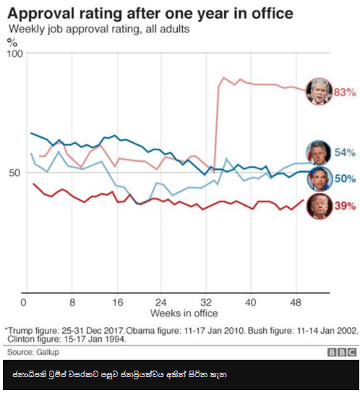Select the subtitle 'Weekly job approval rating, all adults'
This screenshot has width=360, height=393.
(98, 29)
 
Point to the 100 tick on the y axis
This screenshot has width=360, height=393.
(14, 54)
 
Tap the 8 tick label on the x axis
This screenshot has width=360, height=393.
(72, 303)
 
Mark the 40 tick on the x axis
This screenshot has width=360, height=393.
(251, 303)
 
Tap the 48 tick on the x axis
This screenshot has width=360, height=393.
(296, 303)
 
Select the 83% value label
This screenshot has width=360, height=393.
(344, 92)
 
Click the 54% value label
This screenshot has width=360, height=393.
(344, 152)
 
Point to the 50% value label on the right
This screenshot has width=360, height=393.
(344, 178)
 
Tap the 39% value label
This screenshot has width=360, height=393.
(344, 206)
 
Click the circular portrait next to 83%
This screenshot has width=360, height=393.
(319, 92)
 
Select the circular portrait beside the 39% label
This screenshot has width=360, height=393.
(319, 206)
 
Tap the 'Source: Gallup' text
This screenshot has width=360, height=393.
(33, 352)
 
